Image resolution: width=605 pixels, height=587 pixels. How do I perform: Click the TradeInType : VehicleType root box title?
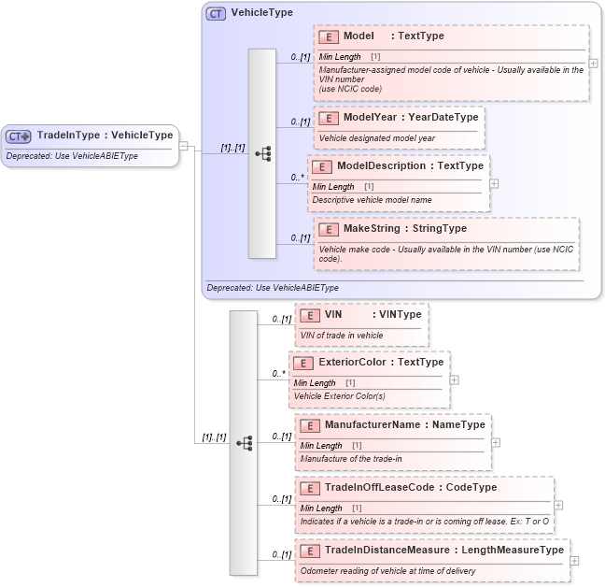(105, 136)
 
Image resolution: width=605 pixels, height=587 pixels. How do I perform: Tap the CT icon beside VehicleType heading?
(216, 14)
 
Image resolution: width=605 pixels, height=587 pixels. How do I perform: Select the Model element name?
(359, 36)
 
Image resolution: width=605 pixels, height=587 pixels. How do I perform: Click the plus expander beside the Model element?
(594, 64)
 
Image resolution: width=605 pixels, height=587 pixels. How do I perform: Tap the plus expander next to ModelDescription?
(494, 183)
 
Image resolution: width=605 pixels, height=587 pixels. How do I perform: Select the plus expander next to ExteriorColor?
(454, 379)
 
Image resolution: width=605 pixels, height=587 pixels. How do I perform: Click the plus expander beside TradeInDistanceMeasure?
(574, 561)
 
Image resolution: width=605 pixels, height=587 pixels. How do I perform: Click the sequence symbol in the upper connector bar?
(262, 153)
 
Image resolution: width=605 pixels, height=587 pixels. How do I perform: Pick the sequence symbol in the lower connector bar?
(244, 443)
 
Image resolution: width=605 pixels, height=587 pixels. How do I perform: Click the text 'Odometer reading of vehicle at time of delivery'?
(402, 569)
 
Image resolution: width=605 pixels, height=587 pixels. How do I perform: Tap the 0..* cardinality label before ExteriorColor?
(278, 374)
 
